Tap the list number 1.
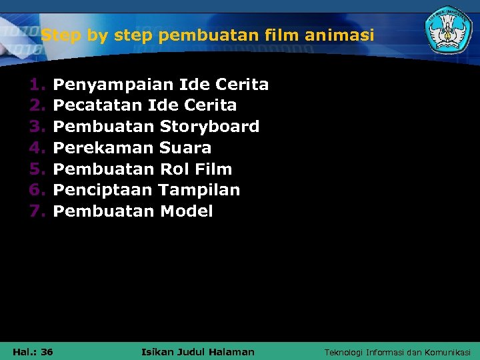coord(36,85)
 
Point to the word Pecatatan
coord(97,105)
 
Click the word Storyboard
coord(209,127)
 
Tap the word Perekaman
coord(103,148)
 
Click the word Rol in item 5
coord(175,169)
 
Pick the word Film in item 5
coord(213,169)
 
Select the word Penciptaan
coord(104,190)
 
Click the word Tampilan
coord(200,190)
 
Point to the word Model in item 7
coord(187,211)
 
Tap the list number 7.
coord(36,211)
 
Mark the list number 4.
coord(36,148)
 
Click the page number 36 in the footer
coord(47,351)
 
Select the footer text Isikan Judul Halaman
coord(198,351)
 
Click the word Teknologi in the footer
coord(344,352)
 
